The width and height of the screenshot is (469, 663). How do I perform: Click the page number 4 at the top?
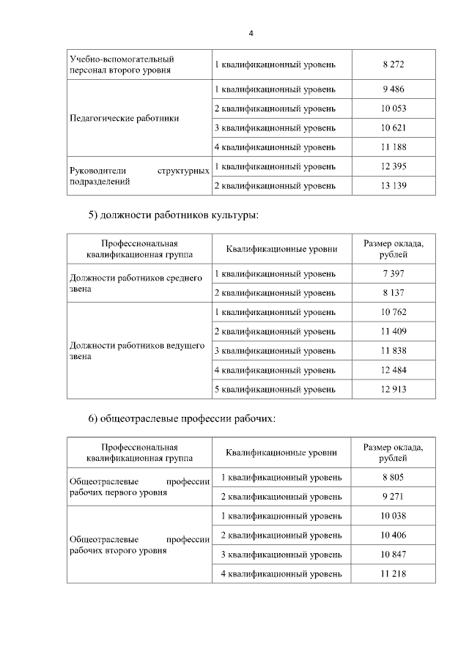(251, 34)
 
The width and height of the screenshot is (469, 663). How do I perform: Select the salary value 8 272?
(394, 64)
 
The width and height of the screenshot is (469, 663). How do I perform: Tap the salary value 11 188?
(394, 147)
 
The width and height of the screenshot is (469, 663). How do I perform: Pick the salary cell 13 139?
(394, 185)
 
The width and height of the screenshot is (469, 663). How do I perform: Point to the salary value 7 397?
(394, 273)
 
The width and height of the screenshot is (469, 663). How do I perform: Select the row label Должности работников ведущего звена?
(136, 351)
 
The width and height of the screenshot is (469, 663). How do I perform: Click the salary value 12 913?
(394, 389)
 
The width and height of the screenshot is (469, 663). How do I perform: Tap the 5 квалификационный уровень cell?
(276, 389)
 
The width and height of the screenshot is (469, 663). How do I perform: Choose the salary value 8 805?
(394, 477)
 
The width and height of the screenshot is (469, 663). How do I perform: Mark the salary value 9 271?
(394, 497)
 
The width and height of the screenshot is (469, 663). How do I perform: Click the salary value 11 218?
(394, 574)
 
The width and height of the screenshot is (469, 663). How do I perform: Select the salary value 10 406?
(394, 535)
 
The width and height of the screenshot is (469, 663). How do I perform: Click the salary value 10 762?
(394, 312)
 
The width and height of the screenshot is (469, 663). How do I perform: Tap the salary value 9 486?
(394, 89)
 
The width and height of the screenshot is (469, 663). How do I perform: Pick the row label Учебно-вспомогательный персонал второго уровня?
(121, 64)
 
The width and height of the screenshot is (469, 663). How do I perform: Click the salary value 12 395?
(394, 166)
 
